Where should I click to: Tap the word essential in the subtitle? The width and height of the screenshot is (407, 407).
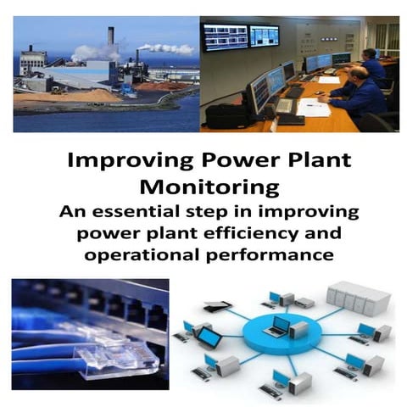(x=186, y=210)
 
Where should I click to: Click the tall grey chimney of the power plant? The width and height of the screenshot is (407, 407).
(x=110, y=38)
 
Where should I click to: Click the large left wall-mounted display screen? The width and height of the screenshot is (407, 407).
(x=226, y=36)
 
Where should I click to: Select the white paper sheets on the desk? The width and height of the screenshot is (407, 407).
(x=315, y=108)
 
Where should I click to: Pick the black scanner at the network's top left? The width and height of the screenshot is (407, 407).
(x=218, y=306)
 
